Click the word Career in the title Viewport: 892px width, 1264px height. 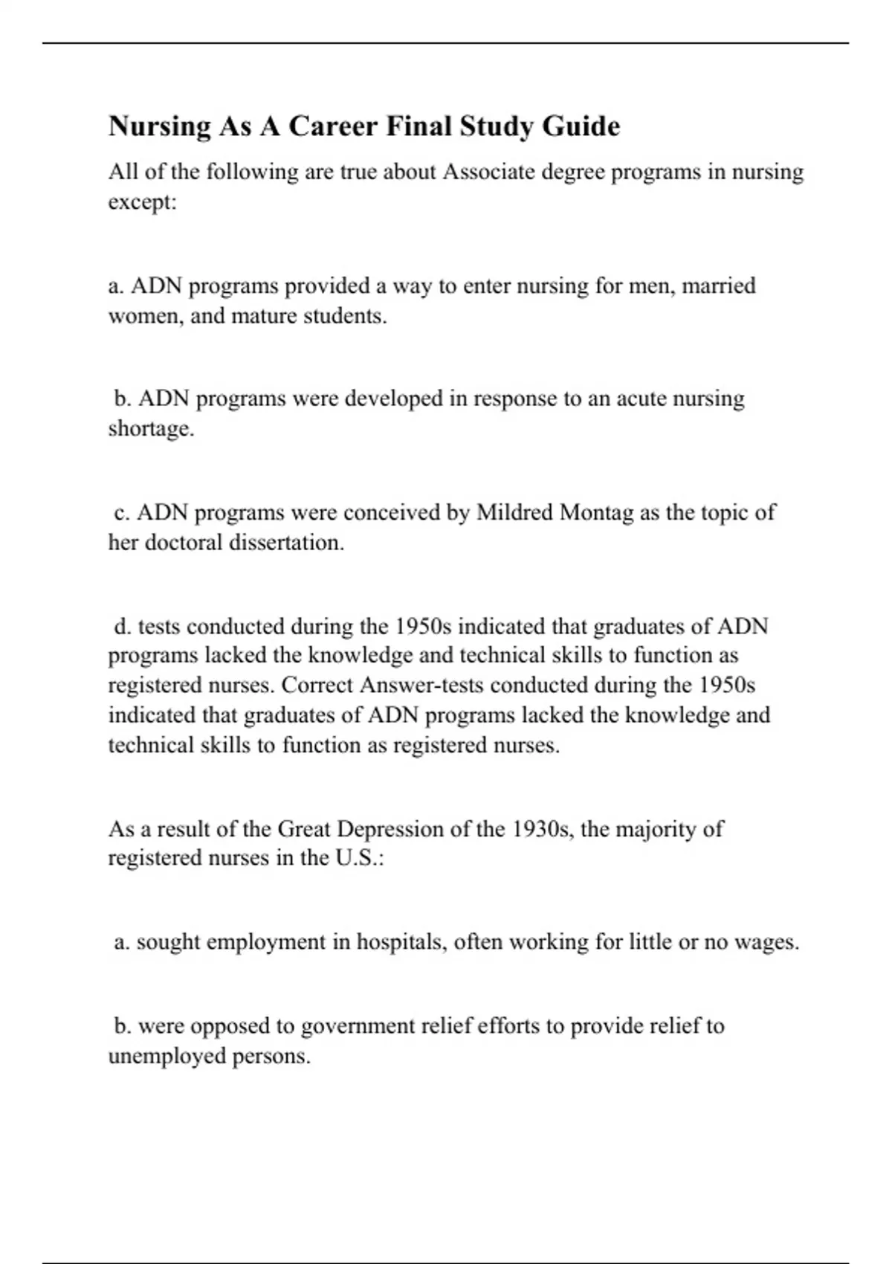coord(333,126)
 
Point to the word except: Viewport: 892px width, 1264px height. coord(143,202)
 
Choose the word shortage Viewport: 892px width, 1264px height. coord(151,429)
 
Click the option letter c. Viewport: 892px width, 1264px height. coord(122,512)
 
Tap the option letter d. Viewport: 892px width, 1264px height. coord(123,626)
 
